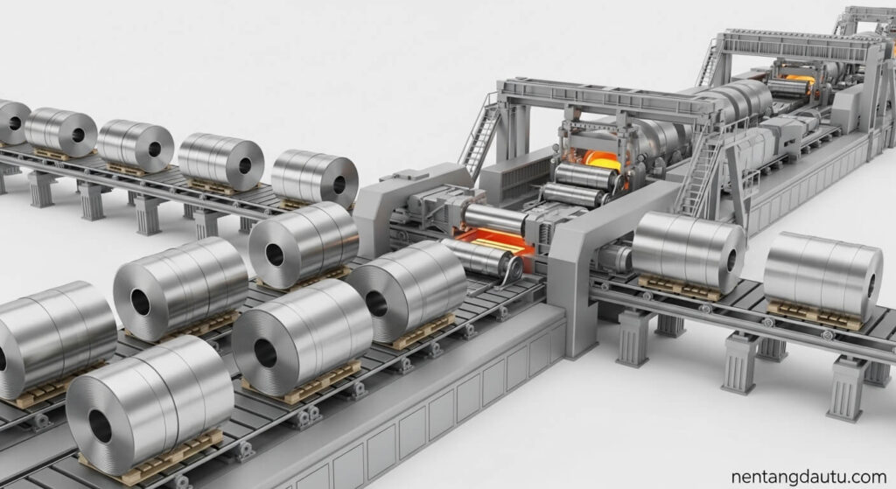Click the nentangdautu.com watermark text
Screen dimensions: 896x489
808,477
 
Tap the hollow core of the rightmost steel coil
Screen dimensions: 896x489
871,286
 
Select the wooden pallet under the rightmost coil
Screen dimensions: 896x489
815,316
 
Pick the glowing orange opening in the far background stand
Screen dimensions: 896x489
800,78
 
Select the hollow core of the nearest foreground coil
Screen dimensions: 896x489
100,426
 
